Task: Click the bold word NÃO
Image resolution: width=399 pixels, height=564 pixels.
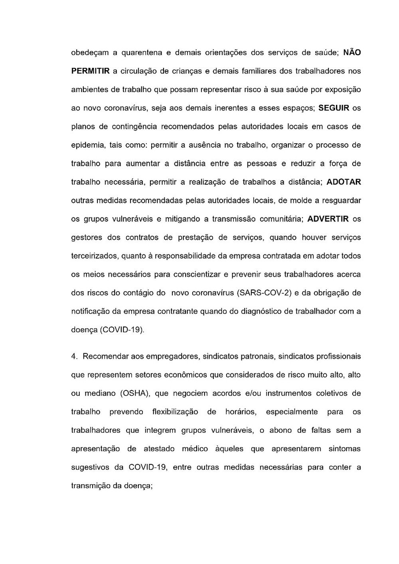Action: [352, 52]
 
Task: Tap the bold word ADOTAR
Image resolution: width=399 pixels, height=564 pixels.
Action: [344, 182]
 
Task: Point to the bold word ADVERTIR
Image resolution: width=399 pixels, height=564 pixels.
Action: [328, 219]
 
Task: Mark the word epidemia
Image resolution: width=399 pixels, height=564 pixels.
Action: [87, 145]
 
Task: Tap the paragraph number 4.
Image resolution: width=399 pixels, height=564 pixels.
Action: [74, 356]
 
